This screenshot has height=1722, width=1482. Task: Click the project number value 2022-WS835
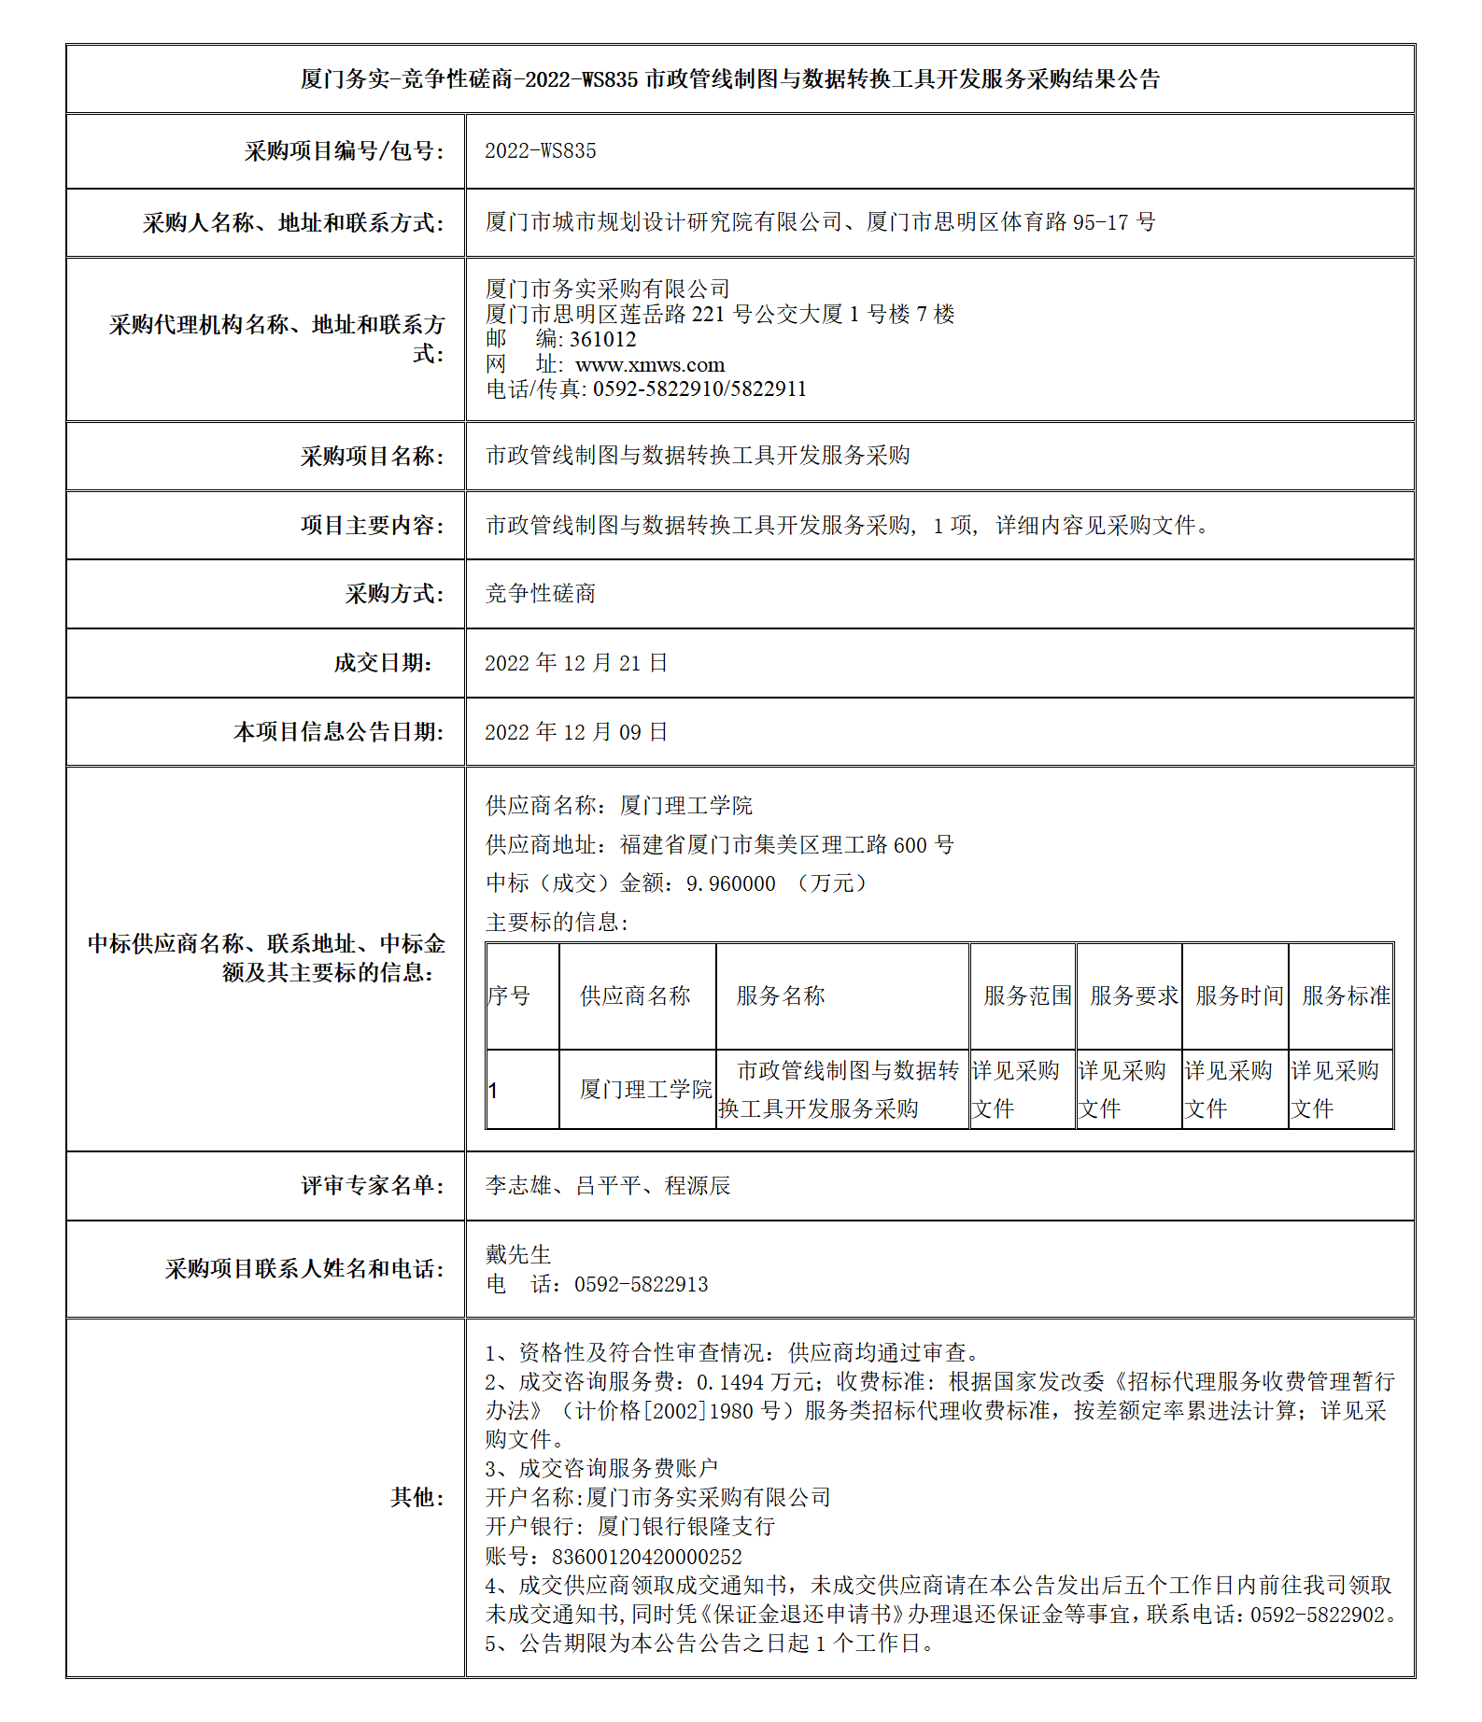540,151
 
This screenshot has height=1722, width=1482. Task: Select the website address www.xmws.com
650,365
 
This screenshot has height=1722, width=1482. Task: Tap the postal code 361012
603,340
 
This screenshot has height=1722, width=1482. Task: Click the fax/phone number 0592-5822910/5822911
699,389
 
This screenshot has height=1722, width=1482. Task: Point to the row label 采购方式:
394,594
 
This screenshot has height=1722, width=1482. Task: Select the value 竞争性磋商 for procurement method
541,594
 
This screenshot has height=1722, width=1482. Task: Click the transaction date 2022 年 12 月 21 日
576,663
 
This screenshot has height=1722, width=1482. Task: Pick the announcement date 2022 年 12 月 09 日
576,732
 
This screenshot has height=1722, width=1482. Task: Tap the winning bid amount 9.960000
730,883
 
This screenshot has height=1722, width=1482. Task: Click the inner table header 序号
509,996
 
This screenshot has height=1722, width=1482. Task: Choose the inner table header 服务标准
1346,996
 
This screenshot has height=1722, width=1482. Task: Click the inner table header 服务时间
1239,996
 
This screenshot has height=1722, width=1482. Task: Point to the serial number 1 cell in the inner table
493,1091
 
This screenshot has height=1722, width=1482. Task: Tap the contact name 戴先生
518,1255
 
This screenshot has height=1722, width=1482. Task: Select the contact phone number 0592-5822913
641,1285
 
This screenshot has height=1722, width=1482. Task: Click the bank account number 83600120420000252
647,1557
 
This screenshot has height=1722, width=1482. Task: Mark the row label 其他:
416,1498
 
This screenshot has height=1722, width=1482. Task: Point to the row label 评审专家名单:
372,1186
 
